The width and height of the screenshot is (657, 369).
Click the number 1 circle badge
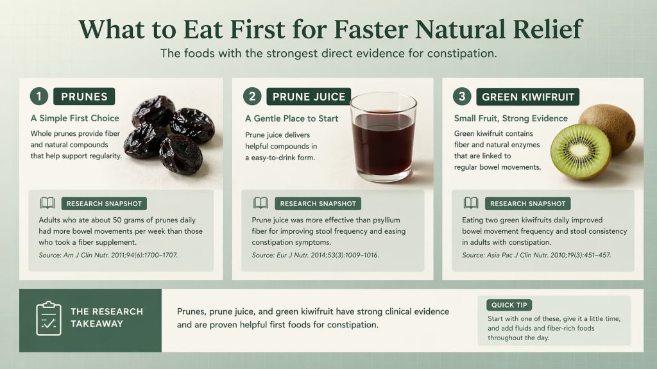click(39, 97)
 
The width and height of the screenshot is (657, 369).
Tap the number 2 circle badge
click(252, 97)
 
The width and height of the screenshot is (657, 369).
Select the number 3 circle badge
click(461, 97)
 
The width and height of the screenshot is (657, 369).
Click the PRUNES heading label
click(84, 97)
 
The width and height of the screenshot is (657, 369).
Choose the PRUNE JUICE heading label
click(309, 97)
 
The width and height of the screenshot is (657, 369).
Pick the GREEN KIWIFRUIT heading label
click(527, 97)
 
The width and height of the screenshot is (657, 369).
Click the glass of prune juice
click(383, 137)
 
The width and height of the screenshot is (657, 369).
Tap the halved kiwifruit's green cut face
click(580, 152)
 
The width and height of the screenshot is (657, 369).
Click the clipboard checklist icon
click(49, 318)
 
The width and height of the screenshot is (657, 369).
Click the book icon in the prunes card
click(47, 204)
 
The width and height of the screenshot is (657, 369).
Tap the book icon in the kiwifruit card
click(471, 204)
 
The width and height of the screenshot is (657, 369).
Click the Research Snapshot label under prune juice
click(318, 204)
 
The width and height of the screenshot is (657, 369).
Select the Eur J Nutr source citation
click(315, 255)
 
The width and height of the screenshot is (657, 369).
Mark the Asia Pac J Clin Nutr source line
click(536, 255)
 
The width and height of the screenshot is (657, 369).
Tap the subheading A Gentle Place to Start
click(292, 119)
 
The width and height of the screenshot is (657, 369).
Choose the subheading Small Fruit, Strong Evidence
click(511, 119)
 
